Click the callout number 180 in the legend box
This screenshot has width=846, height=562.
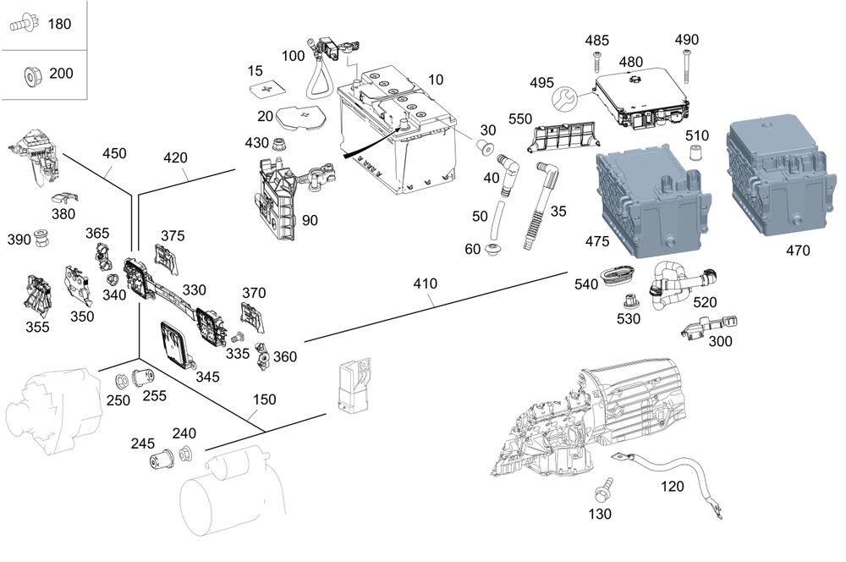pyautogui.click(x=59, y=24)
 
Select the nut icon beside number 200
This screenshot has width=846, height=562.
pyautogui.click(x=30, y=75)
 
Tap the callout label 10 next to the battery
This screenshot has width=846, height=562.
pyautogui.click(x=436, y=80)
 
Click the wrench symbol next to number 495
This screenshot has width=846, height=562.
pyautogui.click(x=563, y=102)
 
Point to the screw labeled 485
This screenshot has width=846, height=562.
pyautogui.click(x=597, y=61)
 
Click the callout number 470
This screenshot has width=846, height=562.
pyautogui.click(x=797, y=251)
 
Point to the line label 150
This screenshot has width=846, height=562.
pyautogui.click(x=266, y=399)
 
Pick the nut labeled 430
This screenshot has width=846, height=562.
pyautogui.click(x=280, y=141)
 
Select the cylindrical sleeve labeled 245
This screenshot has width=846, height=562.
pyautogui.click(x=161, y=462)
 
